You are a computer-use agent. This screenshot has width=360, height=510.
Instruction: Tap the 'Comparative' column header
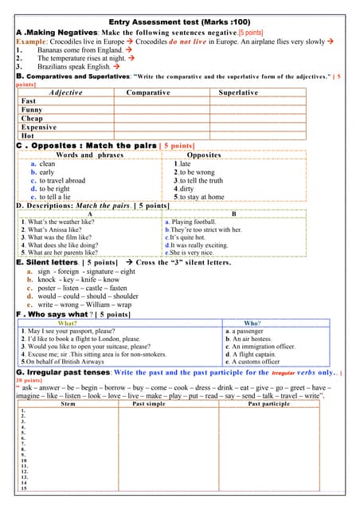[147, 92]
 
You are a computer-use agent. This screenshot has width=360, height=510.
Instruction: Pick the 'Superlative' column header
[238, 92]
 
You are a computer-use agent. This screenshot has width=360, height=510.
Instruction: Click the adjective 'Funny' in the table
[33, 110]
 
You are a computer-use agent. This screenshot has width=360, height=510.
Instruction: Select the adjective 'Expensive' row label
[39, 127]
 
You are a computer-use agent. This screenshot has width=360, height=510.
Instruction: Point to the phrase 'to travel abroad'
[62, 180]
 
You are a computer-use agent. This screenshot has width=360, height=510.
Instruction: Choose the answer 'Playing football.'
[190, 222]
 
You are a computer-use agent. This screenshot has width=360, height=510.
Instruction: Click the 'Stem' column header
[68, 404]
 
